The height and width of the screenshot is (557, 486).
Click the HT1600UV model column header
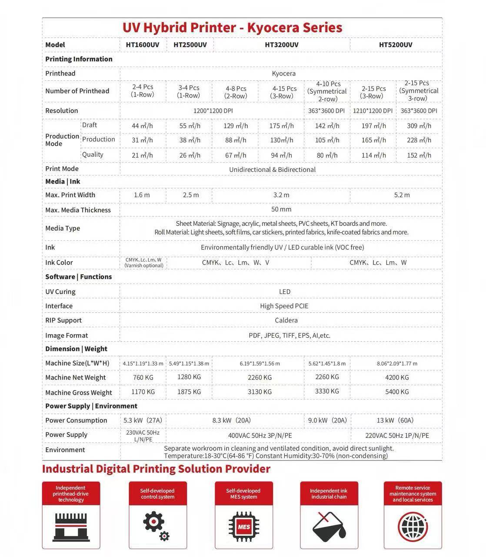tap(143, 45)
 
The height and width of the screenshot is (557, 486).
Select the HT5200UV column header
tap(396, 45)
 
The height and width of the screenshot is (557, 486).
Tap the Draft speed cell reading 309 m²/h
tap(419, 126)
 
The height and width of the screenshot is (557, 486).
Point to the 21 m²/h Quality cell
tap(142, 155)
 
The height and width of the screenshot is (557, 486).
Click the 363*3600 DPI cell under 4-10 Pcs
tap(326, 111)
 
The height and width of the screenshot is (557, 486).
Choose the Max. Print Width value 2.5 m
tap(191, 195)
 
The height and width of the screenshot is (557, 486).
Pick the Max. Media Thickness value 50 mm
tap(281, 209)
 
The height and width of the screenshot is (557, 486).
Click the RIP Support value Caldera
tap(286, 320)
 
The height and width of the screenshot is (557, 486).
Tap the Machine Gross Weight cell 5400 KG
tap(397, 392)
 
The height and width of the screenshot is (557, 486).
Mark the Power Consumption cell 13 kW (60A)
tap(395, 420)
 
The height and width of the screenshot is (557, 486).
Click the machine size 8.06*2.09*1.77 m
tap(397, 363)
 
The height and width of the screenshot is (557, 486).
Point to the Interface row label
tap(59, 306)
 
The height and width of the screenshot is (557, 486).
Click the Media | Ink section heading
tap(63, 181)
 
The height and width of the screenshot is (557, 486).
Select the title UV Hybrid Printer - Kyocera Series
tap(232, 27)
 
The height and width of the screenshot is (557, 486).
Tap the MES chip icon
tap(244, 527)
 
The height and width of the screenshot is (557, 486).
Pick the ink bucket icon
tap(329, 527)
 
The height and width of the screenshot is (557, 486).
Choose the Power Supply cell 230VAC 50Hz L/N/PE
tap(143, 436)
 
